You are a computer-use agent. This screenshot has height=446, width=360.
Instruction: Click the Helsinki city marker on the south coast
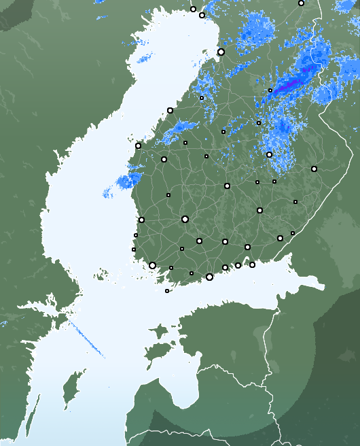[x=209, y=277]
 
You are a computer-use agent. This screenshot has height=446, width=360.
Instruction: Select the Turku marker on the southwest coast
[x=152, y=265]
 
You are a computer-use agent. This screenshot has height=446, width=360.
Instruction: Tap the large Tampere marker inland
[x=185, y=219]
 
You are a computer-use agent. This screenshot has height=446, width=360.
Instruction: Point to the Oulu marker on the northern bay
[x=221, y=52]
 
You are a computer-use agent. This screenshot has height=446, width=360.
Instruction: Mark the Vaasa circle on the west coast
[x=138, y=145]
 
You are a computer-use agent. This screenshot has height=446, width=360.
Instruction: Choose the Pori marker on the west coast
[x=141, y=220]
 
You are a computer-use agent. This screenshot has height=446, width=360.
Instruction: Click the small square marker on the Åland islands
[x=167, y=291]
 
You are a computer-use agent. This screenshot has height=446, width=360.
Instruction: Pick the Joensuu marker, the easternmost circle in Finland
[x=314, y=169]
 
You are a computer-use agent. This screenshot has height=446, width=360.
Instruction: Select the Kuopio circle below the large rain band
[x=269, y=154]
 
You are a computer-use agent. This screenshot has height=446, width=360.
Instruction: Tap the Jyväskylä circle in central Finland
[x=227, y=186]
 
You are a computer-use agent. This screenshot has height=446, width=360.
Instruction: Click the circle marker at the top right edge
[x=301, y=3]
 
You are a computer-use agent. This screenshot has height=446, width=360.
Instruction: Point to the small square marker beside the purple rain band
[x=270, y=90]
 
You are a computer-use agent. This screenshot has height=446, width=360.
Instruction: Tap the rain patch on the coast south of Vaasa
[x=126, y=180]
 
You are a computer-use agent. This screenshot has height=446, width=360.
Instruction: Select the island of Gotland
[x=68, y=394]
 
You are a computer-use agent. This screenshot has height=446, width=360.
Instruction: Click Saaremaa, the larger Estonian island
[x=158, y=354]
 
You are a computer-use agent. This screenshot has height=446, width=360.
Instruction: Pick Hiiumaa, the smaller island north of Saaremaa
[x=158, y=332]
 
